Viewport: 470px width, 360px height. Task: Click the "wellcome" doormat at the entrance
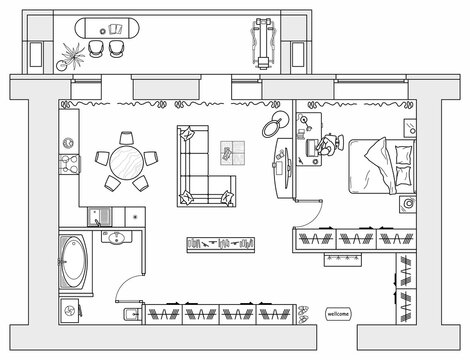tap(339, 314)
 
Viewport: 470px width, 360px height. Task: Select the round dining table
tap(125, 160)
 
